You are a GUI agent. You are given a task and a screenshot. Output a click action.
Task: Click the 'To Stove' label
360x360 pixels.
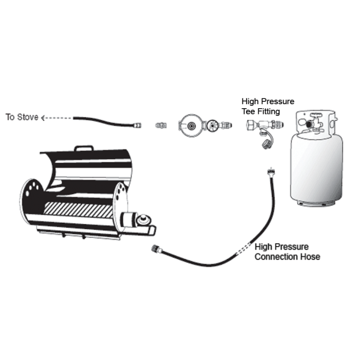[22, 117]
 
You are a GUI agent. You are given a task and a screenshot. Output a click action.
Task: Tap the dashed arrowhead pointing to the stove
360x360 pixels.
[42, 118]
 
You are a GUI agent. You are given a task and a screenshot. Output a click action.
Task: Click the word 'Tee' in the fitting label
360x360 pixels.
[248, 112]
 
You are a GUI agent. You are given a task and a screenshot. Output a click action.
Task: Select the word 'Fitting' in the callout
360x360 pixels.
[268, 112]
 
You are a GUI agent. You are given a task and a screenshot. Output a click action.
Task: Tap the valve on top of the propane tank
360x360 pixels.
[315, 122]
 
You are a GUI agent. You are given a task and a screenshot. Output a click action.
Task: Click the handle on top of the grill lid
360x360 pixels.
[84, 148]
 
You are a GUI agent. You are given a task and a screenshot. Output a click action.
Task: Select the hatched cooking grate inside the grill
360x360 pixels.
[79, 209]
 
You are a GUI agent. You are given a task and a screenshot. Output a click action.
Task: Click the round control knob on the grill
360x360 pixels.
[144, 220]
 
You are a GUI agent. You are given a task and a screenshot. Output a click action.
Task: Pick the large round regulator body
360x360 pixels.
[191, 126]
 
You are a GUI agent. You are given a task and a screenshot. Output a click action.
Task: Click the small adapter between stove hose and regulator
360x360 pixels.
[161, 126]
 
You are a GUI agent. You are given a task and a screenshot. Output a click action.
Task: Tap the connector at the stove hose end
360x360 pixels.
[137, 126]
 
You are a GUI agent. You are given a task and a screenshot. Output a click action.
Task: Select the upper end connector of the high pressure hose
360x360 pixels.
[270, 172]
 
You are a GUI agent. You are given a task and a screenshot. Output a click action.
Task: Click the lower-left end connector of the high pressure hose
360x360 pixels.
[155, 249]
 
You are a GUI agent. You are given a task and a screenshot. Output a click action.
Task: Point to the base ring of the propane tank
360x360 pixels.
[316, 204]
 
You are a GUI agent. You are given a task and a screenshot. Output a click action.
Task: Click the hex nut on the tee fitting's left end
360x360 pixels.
[251, 126]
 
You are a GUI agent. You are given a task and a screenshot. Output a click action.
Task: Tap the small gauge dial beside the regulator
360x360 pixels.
[212, 126]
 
